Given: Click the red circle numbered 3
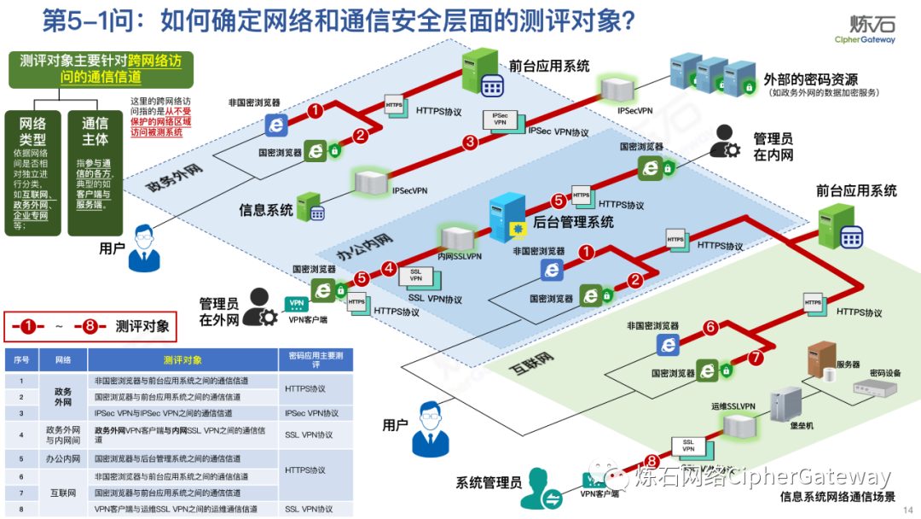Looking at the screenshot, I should coord(470,143).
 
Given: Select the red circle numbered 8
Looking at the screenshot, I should coord(652,462).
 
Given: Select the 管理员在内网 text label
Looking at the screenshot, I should coord(773,147).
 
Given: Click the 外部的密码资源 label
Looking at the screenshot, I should coord(810,79).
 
